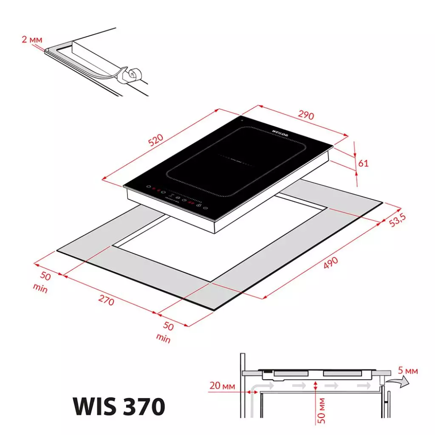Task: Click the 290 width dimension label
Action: coord(306,115)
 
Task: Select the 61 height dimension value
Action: coord(364,163)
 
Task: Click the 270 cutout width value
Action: coord(106,300)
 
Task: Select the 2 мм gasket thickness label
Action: coord(32,40)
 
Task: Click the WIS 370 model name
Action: coord(119,406)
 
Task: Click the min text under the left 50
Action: coord(40,290)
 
